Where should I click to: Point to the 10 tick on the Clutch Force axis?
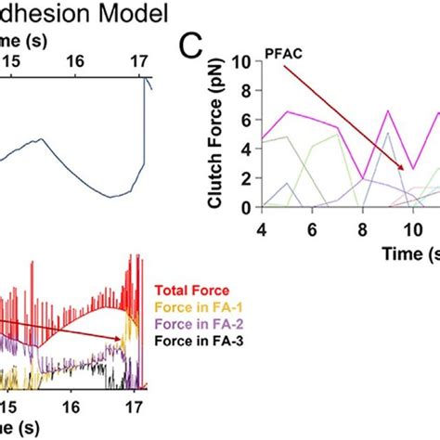(242, 62)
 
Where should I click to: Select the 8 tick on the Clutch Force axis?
(247, 92)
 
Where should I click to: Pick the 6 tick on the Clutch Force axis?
(247, 121)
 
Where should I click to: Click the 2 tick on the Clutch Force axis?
(247, 179)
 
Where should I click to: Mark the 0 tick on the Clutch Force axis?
(247, 208)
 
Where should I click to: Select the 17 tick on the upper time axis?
(138, 60)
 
